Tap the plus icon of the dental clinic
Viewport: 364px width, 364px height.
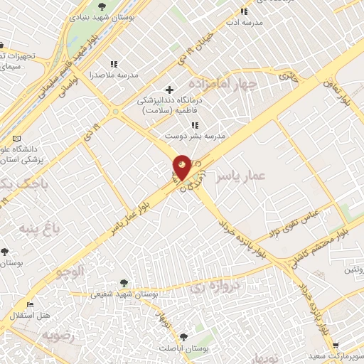click(168, 90)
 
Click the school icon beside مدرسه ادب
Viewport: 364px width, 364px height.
click(244, 11)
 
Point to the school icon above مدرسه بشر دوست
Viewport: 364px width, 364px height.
click(195, 125)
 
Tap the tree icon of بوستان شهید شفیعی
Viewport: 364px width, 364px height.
click(125, 283)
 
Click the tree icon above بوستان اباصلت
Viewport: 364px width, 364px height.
click(184, 336)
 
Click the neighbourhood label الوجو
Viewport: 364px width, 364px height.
click(70, 271)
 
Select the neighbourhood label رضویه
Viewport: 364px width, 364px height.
click(58, 335)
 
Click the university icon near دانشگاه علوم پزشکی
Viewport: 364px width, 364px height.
click(26, 137)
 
